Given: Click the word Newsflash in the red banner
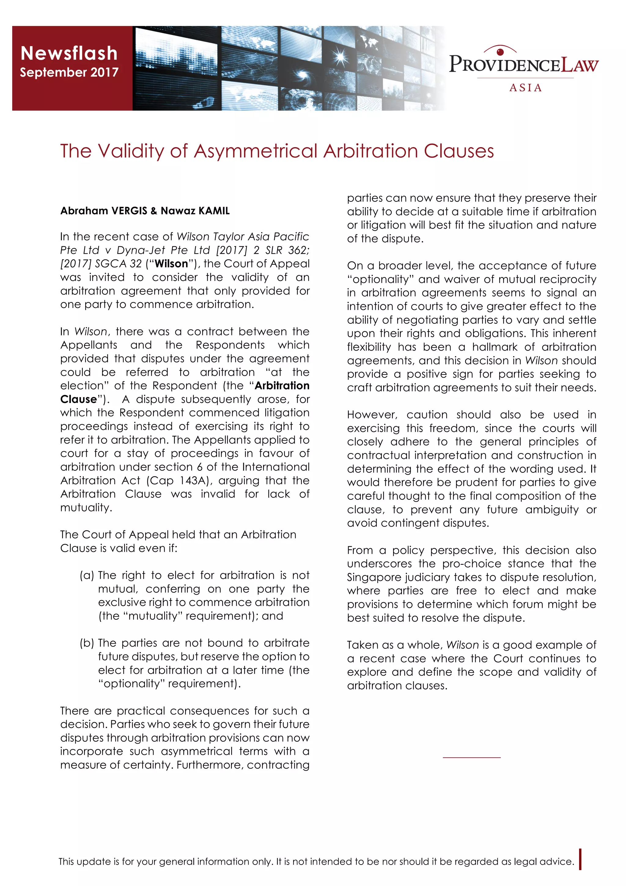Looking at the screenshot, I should click(69, 53).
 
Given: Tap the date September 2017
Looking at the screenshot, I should click(69, 72).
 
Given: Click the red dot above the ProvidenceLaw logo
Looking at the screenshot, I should click(501, 52).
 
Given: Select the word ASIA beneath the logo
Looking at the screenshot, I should click(525, 88).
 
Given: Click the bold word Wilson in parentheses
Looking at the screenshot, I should click(171, 264).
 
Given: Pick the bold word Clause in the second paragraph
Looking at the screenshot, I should click(78, 399).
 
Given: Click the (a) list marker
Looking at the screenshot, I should click(87, 575).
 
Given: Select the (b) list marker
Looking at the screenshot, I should click(87, 643).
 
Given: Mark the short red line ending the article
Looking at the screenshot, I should click(471, 758).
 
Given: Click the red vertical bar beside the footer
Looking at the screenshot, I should click(580, 859).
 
